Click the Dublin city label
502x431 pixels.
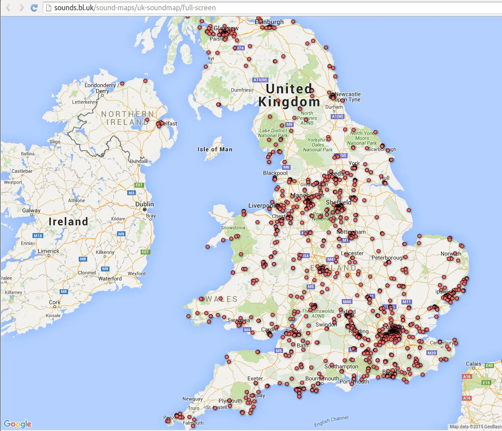(x=145, y=205)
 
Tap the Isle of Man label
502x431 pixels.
(x=215, y=149)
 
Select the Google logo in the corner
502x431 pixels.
(x=18, y=424)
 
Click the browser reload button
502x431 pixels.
(x=34, y=8)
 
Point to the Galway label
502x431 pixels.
(x=32, y=210)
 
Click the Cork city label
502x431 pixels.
(x=55, y=302)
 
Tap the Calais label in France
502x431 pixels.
(x=474, y=364)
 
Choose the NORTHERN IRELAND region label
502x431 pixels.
(x=127, y=118)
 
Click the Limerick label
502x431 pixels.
(x=49, y=251)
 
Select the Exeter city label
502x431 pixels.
(x=255, y=379)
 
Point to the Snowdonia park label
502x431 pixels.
(x=233, y=228)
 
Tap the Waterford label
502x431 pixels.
(x=110, y=279)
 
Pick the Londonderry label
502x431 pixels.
(x=100, y=85)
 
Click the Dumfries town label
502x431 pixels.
(x=241, y=90)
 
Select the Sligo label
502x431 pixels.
(x=55, y=142)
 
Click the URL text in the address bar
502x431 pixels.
(x=135, y=8)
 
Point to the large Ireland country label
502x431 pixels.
(x=69, y=222)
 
